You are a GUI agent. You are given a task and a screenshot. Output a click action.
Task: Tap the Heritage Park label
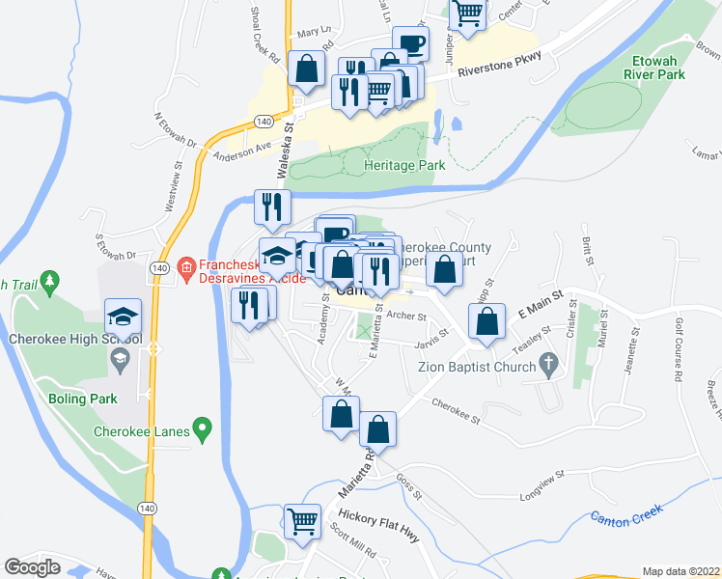pyautogui.click(x=404, y=165)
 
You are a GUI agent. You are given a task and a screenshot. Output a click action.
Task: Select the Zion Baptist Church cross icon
pyautogui.click(x=548, y=365)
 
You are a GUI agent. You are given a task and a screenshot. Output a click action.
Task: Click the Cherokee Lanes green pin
pyautogui.click(x=202, y=427)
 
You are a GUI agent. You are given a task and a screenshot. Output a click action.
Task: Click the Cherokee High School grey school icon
pyautogui.click(x=121, y=361)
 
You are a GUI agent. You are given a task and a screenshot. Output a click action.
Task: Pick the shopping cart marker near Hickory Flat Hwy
pyautogui.click(x=303, y=521)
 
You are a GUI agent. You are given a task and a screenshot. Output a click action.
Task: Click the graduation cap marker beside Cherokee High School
pyautogui.click(x=124, y=316)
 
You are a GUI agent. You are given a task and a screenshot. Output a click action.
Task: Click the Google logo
pyautogui.click(x=32, y=567)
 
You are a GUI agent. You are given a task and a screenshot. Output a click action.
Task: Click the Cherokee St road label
pyautogui.click(x=457, y=411)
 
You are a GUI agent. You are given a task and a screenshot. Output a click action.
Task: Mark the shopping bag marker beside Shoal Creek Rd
pyautogui.click(x=306, y=69)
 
